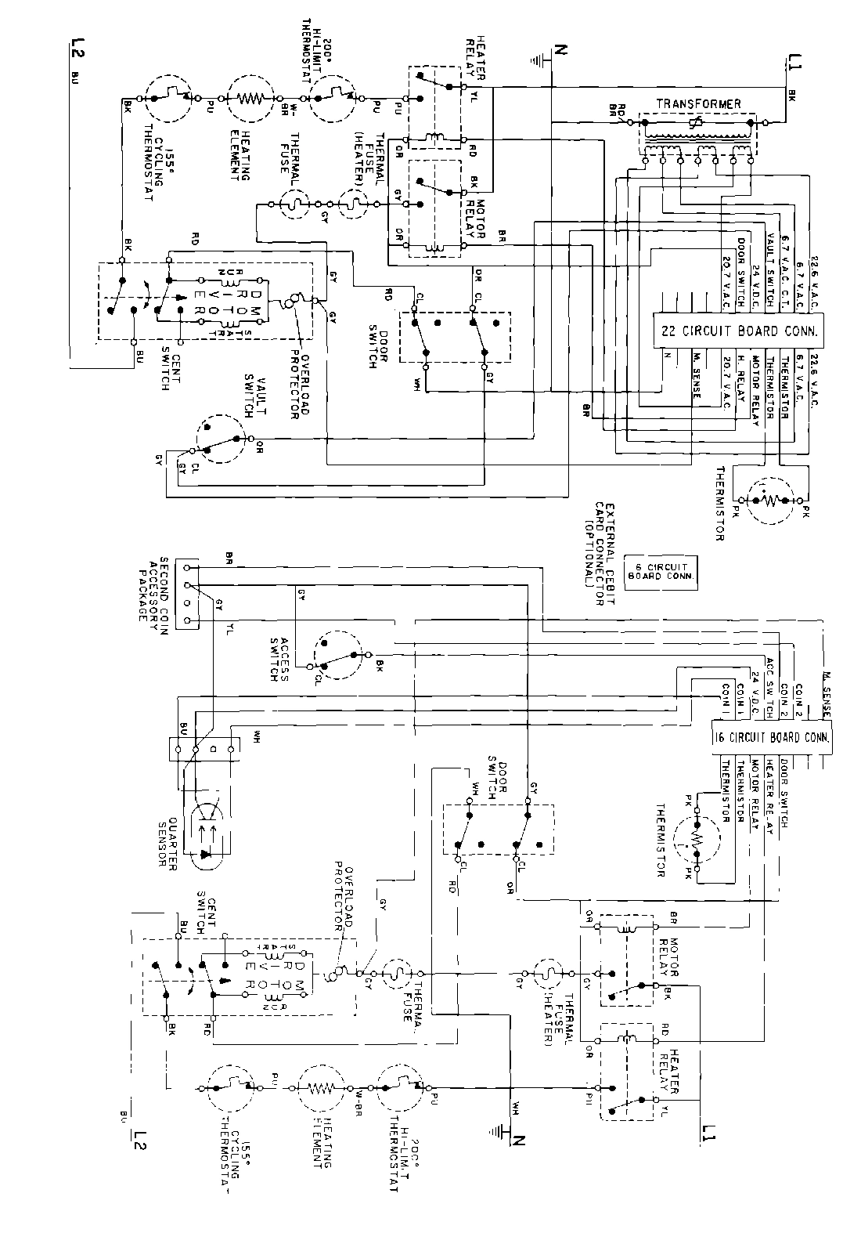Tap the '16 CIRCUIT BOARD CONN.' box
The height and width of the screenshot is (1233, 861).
771,737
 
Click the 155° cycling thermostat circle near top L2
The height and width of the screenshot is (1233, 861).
167,99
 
